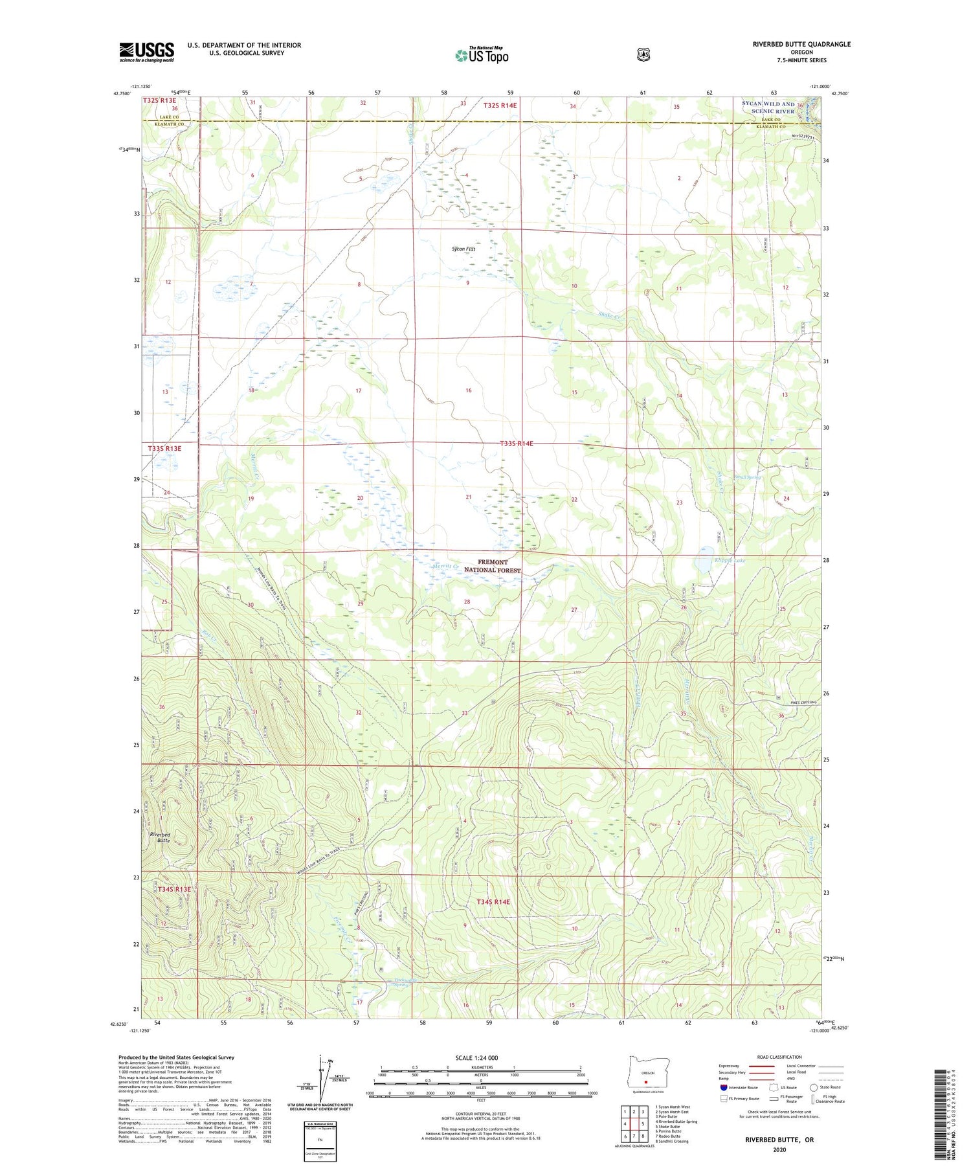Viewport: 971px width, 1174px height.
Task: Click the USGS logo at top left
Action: [x=146, y=52]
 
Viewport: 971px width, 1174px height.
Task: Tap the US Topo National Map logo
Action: [x=482, y=55]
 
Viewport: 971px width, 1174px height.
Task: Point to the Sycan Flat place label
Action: [x=463, y=249]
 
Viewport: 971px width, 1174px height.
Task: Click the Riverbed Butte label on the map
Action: [x=160, y=837]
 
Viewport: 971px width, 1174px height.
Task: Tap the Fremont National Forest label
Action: [x=493, y=566]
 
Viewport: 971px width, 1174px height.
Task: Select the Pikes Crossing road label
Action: [x=803, y=703]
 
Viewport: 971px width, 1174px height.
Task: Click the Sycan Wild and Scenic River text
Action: [x=768, y=107]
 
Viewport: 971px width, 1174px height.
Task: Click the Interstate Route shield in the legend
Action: [x=724, y=1087]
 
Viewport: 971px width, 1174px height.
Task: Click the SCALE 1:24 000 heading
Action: [x=476, y=1057]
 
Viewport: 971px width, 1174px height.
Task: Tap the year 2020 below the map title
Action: [x=779, y=1150]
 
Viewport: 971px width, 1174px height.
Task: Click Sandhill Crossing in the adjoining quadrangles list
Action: [x=672, y=1141]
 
